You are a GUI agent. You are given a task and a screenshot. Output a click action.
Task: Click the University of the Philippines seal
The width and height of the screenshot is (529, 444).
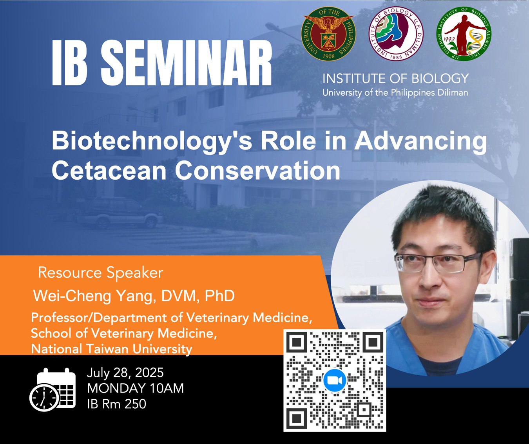click(328, 33)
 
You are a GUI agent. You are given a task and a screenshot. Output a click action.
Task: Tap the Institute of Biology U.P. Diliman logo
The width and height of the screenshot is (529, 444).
click(396, 33)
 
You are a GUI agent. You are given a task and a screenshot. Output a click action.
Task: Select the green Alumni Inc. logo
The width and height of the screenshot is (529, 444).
click(464, 33)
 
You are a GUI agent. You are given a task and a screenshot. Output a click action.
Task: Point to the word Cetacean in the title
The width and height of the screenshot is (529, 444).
click(109, 170)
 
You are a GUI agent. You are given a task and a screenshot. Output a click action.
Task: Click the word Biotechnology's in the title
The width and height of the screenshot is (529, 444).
click(152, 142)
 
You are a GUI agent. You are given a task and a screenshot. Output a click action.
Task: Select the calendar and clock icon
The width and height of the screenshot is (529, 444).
click(53, 389)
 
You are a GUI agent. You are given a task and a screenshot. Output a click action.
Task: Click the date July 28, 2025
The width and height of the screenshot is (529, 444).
click(125, 373)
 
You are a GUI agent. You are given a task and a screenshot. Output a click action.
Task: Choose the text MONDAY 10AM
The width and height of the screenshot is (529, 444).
click(135, 388)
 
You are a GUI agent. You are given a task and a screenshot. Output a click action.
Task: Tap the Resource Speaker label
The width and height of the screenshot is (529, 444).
click(101, 273)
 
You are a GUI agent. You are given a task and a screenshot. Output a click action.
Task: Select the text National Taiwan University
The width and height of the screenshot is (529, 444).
click(111, 349)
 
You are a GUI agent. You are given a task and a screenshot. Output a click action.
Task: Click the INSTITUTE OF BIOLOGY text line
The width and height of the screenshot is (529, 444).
click(395, 78)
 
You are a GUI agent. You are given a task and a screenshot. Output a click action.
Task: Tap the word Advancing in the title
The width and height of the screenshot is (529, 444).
click(420, 142)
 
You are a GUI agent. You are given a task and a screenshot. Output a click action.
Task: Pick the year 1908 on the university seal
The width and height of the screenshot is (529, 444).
click(329, 56)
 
